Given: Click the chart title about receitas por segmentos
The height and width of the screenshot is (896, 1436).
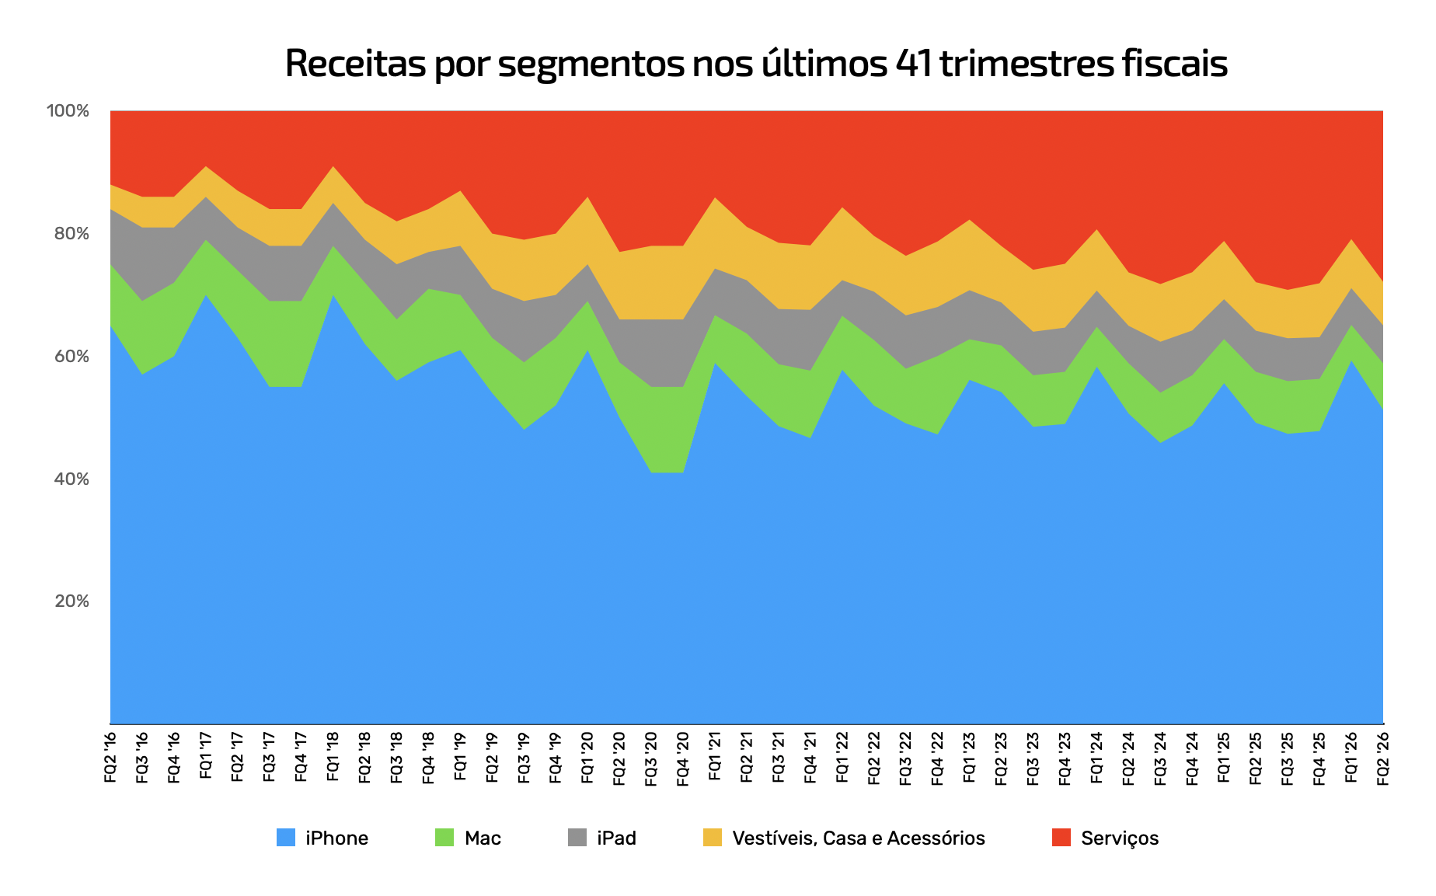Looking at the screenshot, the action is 756,64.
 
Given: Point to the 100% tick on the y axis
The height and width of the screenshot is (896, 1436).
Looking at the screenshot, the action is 68,110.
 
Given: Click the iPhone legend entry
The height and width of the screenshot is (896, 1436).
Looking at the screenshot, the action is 322,838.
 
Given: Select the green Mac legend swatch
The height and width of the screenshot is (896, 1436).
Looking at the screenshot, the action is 444,838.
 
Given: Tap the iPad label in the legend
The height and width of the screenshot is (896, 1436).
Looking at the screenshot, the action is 617,838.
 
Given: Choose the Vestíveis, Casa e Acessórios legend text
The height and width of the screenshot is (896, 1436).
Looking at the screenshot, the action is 859,838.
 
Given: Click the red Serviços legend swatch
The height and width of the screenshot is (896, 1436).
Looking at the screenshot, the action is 1061,838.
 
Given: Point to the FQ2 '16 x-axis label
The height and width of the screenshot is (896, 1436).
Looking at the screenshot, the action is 110,756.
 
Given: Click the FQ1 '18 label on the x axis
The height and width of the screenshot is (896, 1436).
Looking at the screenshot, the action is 333,755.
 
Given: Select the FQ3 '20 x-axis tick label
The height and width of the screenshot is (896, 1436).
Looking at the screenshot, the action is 651,758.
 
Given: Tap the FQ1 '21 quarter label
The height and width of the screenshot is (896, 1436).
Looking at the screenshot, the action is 715,755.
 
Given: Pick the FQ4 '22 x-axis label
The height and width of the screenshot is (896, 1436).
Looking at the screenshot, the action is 938,758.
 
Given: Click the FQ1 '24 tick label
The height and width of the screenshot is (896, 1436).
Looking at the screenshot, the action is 1096,756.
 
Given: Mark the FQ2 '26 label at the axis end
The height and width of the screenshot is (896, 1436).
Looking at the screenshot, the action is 1383,758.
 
